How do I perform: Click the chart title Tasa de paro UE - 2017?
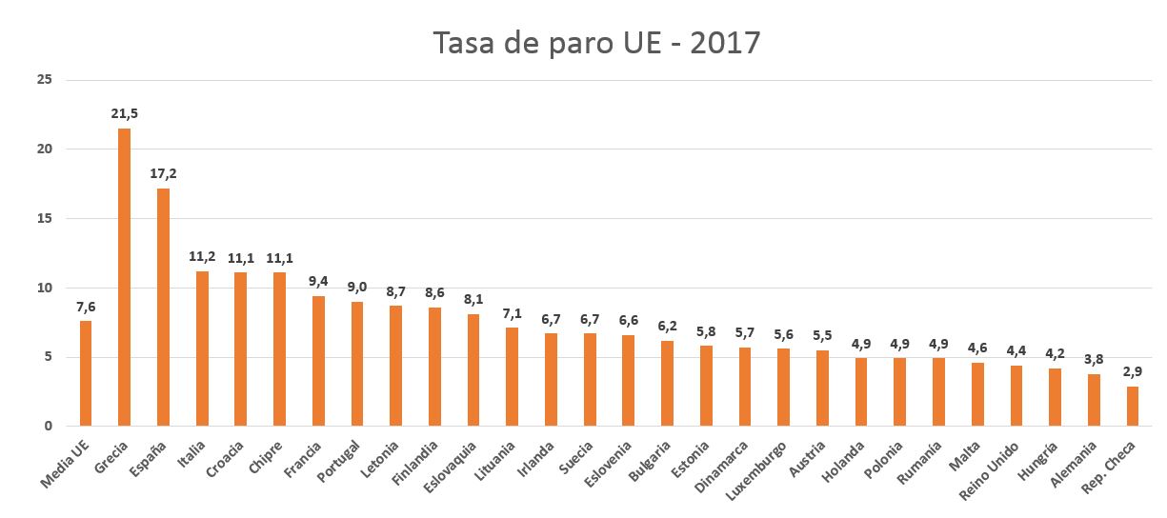[x=596, y=43]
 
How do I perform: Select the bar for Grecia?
[x=124, y=277]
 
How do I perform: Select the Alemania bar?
[x=1094, y=400]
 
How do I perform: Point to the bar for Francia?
[x=318, y=361]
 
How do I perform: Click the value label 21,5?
[x=124, y=114]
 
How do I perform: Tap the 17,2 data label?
[x=163, y=174]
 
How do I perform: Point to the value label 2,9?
[x=1132, y=372]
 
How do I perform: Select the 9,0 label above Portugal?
[x=357, y=288]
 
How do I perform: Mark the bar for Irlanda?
[x=551, y=380]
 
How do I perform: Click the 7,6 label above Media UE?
[x=86, y=307]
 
